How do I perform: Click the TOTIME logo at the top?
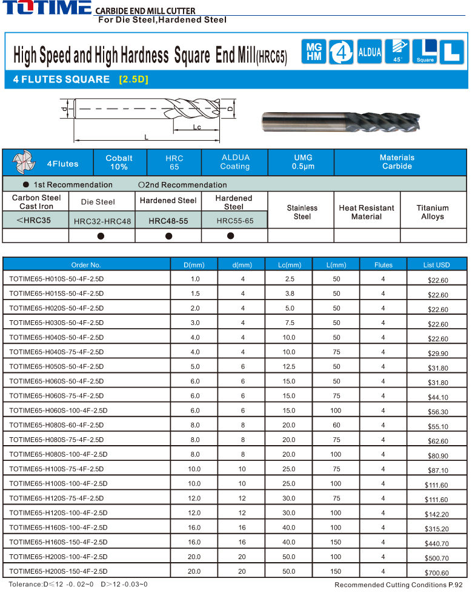click(47, 9)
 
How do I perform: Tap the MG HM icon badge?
click(314, 52)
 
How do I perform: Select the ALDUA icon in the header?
click(370, 52)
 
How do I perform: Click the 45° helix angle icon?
click(397, 52)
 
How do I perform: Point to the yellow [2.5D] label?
click(133, 79)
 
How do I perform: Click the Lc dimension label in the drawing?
click(197, 127)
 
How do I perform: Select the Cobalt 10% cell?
click(119, 162)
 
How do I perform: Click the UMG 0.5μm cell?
click(303, 162)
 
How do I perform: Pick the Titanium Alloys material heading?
click(433, 212)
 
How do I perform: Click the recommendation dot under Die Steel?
click(102, 236)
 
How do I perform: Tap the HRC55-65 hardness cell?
click(234, 221)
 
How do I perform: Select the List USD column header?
click(437, 265)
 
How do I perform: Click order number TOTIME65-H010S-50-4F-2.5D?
click(56, 280)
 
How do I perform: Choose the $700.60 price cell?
click(437, 572)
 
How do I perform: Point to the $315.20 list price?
click(437, 529)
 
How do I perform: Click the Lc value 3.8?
click(289, 294)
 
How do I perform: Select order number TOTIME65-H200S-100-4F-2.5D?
click(59, 557)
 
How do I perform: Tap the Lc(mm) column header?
click(289, 265)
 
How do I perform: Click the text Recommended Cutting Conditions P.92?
click(398, 585)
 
